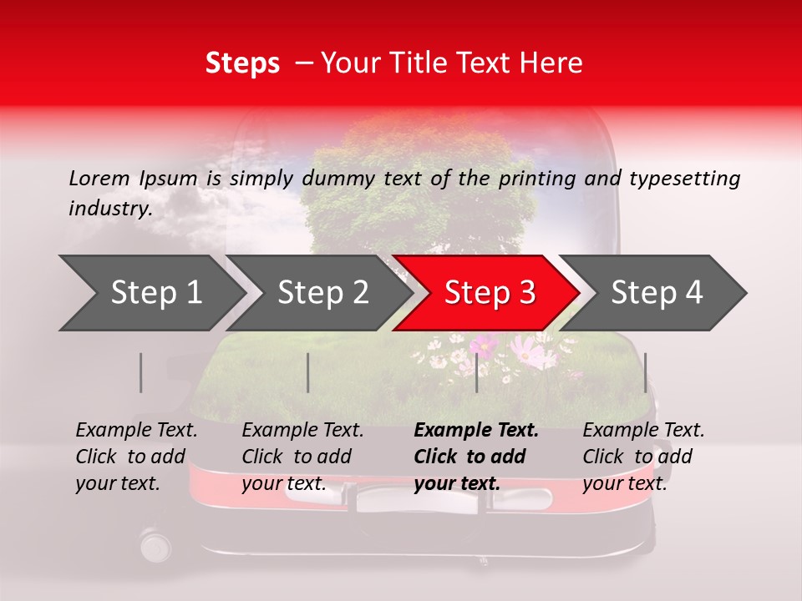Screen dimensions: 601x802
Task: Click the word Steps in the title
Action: pyautogui.click(x=242, y=63)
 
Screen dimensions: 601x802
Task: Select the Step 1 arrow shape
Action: pyautogui.click(x=150, y=292)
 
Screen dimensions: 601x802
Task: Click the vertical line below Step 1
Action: pyautogui.click(x=141, y=372)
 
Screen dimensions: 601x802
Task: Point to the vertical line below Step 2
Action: pyautogui.click(x=308, y=372)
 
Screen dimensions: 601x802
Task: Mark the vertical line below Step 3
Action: pyautogui.click(x=476, y=372)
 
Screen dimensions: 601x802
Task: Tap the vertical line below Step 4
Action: pyautogui.click(x=645, y=372)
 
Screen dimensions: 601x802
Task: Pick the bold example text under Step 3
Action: pyautogui.click(x=475, y=457)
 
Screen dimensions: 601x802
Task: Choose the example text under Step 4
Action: pyautogui.click(x=643, y=457)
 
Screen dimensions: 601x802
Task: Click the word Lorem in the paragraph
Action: pyautogui.click(x=99, y=179)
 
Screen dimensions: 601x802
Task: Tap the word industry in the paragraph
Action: pyautogui.click(x=109, y=209)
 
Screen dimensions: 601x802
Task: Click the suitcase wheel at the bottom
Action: pyautogui.click(x=155, y=546)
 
